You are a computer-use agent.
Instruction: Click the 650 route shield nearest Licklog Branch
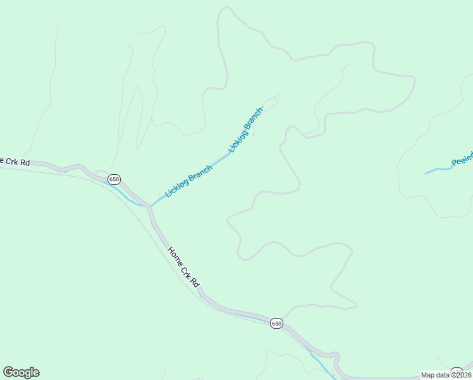pos(114,179)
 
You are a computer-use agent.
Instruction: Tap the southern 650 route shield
pos(276,323)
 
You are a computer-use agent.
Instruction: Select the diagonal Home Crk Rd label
pos(183,267)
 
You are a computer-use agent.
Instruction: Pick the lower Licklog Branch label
pos(188,181)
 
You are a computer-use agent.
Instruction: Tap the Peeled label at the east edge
pos(463,161)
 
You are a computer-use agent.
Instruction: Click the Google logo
pos(21,372)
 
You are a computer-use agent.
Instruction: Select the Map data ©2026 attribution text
pos(446,375)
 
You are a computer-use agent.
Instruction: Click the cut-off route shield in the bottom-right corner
pos(457,371)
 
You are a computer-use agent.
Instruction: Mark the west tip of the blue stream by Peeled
pos(425,173)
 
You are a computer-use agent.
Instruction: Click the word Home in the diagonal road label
pos(175,254)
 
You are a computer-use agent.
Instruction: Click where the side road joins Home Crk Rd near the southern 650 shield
pos(282,319)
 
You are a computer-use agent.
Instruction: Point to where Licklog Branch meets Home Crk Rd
pos(150,206)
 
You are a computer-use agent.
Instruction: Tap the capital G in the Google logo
pos(8,372)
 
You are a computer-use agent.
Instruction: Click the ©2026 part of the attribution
pos(458,375)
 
